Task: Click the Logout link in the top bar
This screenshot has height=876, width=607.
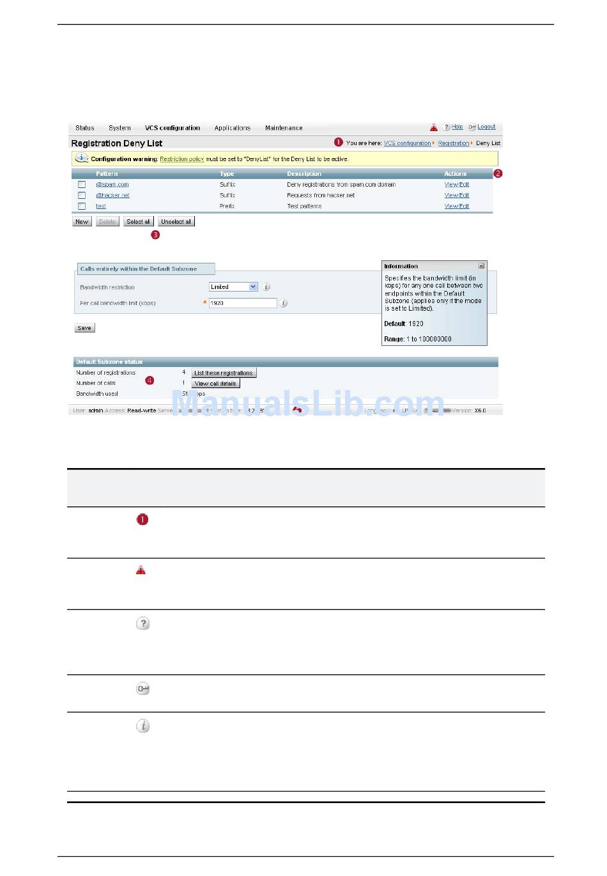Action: tap(486, 127)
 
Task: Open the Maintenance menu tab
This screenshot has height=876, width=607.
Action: tap(284, 128)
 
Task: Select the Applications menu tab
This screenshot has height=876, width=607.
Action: tap(233, 128)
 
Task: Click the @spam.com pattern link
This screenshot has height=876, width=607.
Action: tap(112, 185)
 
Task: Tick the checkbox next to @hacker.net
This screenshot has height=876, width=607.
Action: tap(82, 196)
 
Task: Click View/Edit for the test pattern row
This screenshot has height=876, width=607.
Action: tap(457, 207)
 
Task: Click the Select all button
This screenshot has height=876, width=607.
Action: tap(138, 222)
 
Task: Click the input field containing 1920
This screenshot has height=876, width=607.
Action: tap(243, 303)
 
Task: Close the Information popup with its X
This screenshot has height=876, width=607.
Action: tap(481, 266)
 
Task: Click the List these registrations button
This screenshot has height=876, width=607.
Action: tap(224, 373)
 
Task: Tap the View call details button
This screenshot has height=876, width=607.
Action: tap(215, 384)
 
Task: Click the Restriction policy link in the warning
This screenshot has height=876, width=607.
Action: tap(182, 159)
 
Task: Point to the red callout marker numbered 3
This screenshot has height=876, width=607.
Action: tap(155, 235)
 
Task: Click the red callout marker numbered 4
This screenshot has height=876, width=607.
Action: tap(150, 380)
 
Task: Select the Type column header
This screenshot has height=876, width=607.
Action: tap(227, 174)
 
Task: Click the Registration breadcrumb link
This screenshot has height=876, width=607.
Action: tap(453, 143)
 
